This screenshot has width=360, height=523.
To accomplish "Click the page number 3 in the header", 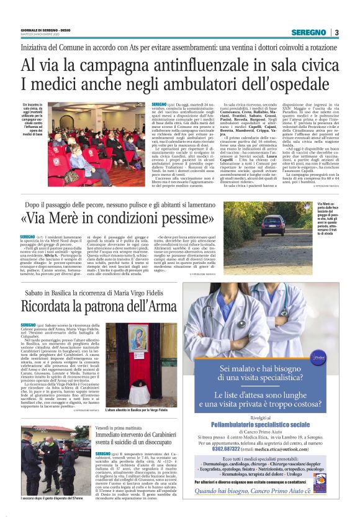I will tap(336, 32).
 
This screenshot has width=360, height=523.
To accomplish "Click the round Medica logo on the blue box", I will tap(320, 358).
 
